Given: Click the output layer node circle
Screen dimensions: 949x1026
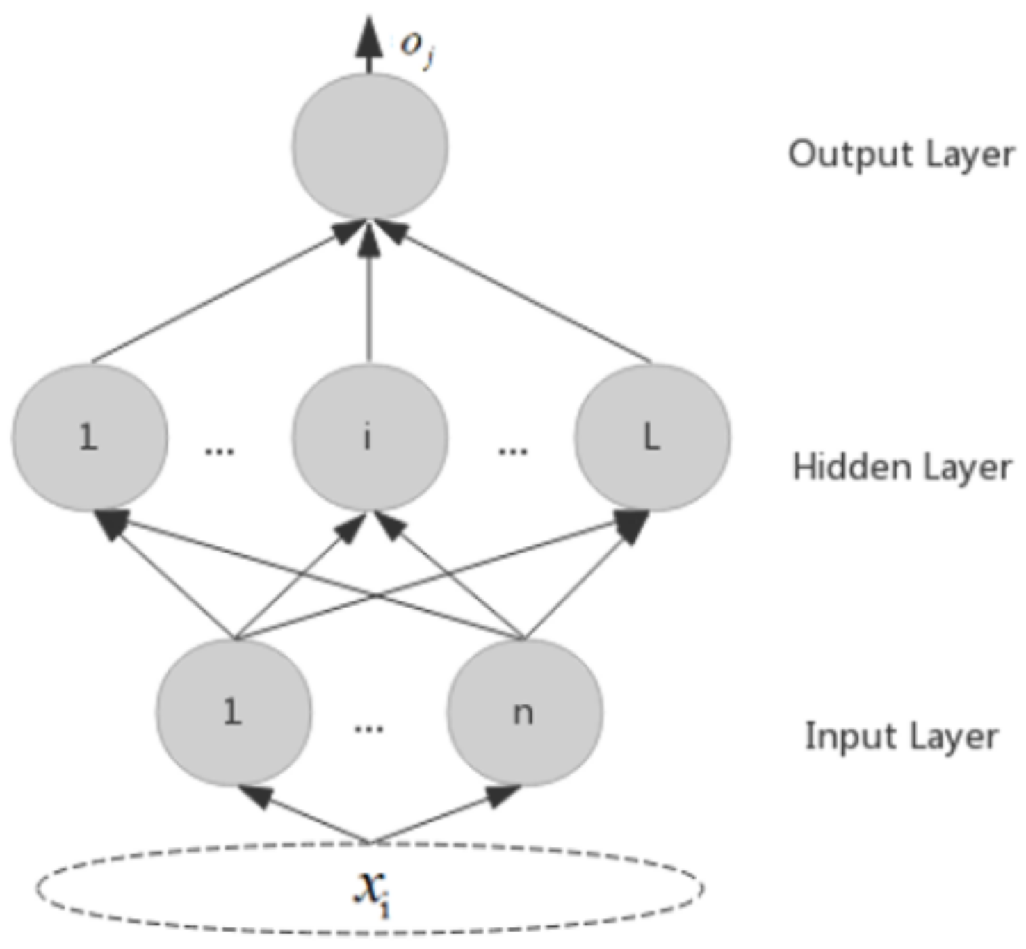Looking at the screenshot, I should [370, 147].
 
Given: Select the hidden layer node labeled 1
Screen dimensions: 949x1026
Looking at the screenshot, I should [89, 437].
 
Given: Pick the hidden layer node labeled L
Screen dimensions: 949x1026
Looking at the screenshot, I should [652, 437].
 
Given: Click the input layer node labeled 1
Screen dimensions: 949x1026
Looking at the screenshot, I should [234, 712].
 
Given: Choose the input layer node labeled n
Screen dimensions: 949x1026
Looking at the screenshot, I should [524, 712].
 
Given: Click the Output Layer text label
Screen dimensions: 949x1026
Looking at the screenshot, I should [901, 154].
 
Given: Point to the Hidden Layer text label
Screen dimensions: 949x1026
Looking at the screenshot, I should [902, 467].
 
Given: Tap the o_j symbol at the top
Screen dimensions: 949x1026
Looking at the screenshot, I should [417, 47].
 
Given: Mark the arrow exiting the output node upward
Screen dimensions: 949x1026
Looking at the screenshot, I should [369, 43].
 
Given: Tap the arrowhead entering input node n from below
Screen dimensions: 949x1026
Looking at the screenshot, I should [502, 795].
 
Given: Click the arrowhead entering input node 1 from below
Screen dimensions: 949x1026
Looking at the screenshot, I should [254, 795].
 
